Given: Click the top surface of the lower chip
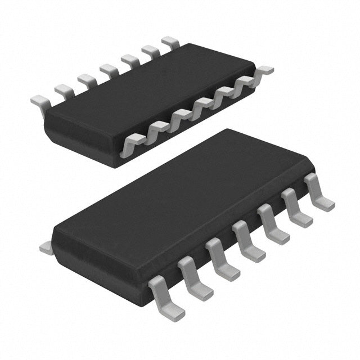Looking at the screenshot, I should point(186,202).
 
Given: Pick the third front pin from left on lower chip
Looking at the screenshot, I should point(222,261).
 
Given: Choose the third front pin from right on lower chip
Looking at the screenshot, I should point(273,227).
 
